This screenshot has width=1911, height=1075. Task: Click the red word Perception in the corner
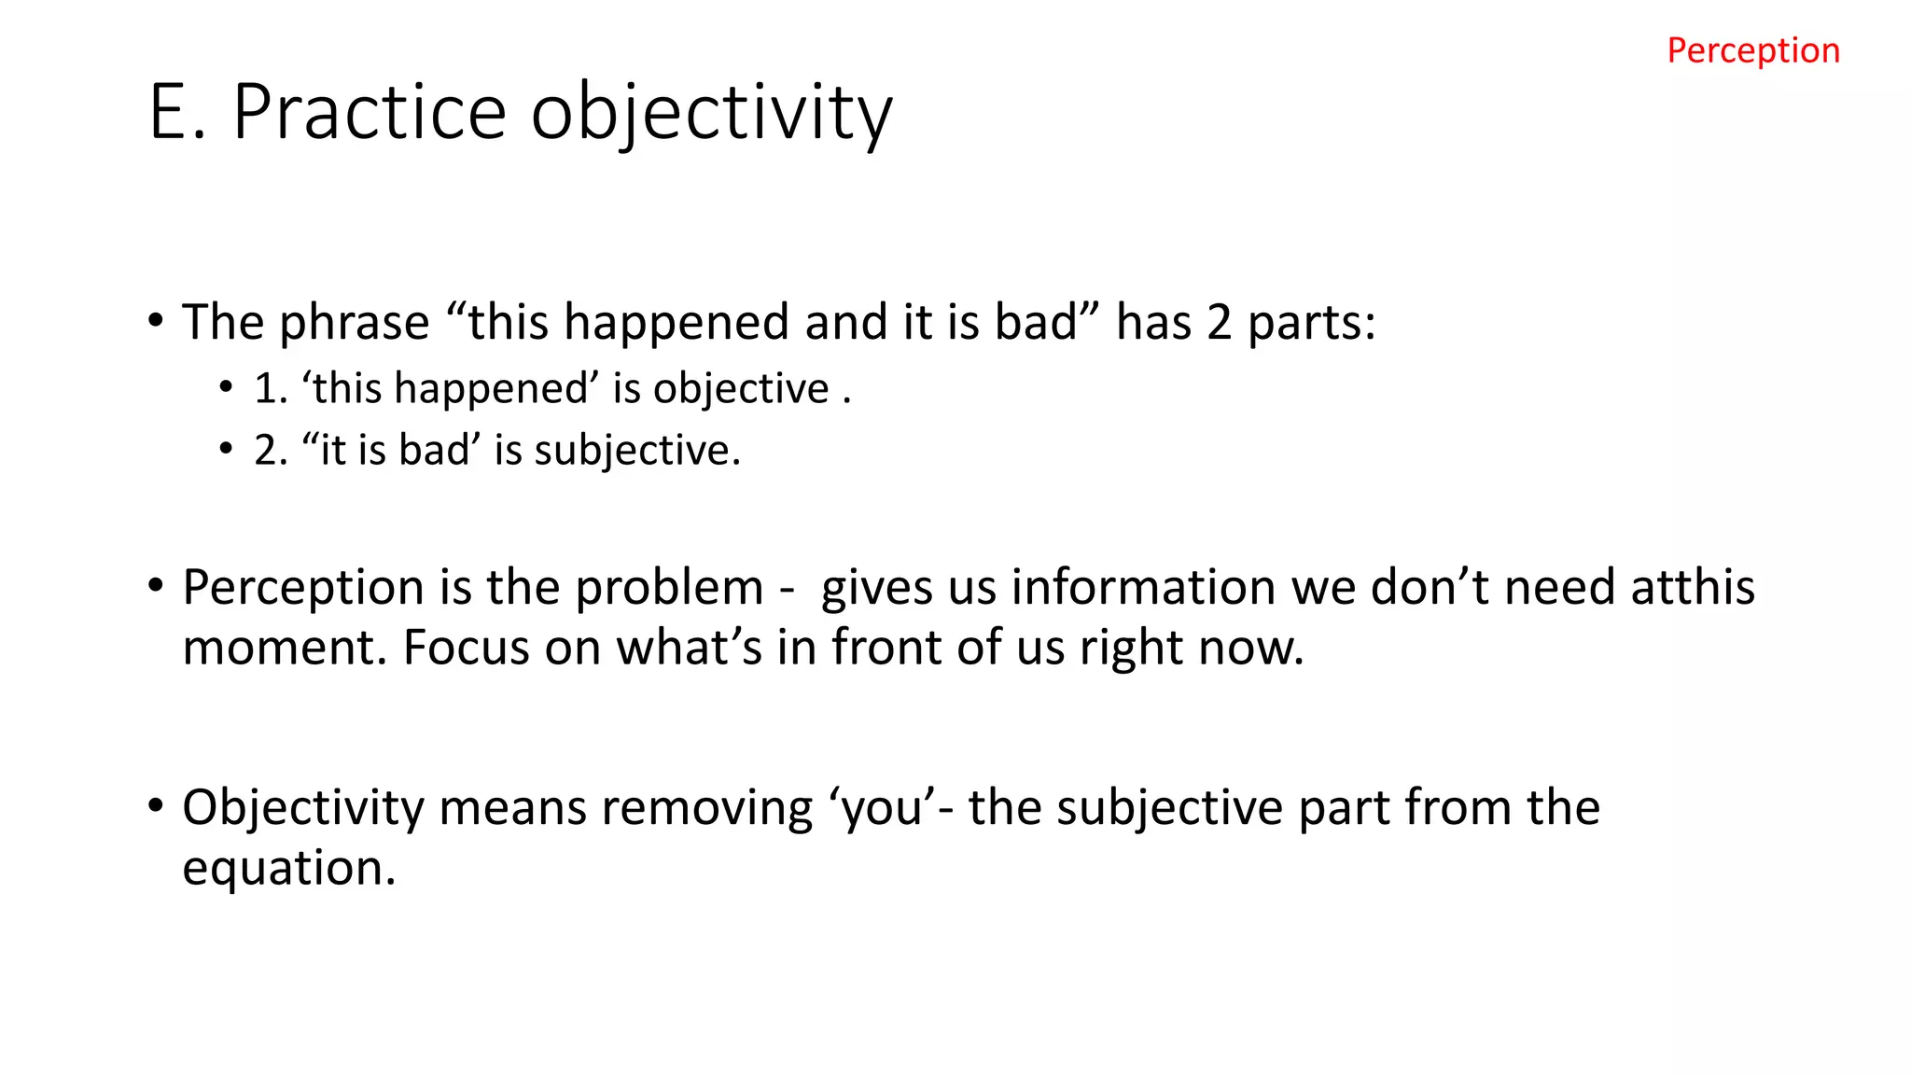1752,50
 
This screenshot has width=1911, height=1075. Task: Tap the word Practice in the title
369,112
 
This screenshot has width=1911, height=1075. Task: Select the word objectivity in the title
712,114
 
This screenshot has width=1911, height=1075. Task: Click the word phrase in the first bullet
354,323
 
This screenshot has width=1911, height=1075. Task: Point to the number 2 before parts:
1219,323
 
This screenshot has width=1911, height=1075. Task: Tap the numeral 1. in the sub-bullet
271,388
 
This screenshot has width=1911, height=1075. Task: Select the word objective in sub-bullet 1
740,389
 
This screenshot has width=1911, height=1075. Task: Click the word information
1143,588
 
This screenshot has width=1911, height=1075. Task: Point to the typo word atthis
1692,588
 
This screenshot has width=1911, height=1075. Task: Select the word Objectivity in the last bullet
303,808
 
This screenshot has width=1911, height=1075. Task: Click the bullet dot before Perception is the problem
156,587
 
